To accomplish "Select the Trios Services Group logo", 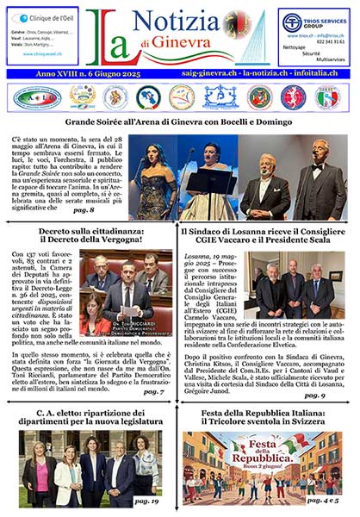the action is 313,22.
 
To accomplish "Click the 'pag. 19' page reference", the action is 147,500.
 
